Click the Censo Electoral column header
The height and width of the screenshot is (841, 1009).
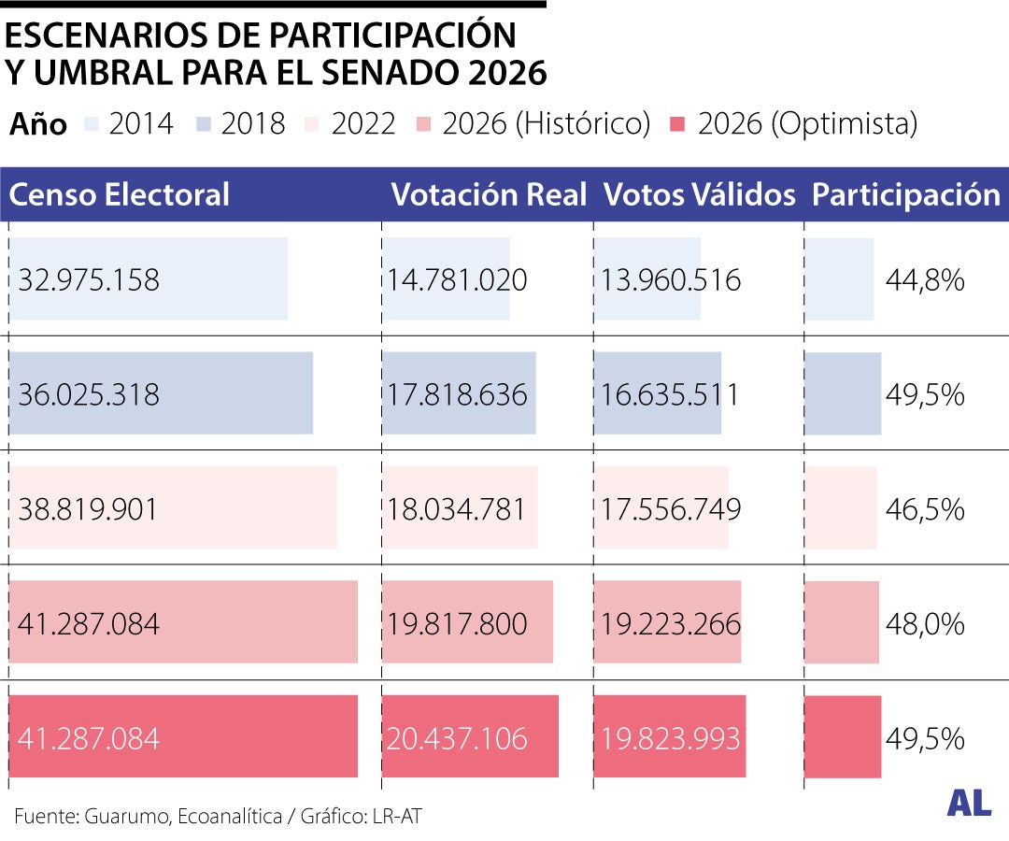pos(119,194)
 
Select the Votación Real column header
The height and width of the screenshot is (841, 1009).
pos(489,194)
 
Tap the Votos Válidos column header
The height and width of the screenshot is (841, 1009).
pos(699,194)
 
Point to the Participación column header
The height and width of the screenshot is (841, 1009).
pos(905,194)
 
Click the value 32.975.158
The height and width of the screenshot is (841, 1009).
pos(89,279)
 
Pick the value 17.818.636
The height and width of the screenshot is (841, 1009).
pos(458,394)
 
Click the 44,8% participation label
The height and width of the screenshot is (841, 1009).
pos(925,279)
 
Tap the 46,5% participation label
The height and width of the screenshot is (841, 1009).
pos(925,509)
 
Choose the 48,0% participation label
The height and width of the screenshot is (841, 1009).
pos(925,624)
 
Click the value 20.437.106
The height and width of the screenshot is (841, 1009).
pos(458,739)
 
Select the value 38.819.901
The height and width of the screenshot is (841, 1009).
pos(89,509)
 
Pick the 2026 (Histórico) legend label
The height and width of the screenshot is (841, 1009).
pos(546,123)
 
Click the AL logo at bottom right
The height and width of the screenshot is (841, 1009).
pos(969,803)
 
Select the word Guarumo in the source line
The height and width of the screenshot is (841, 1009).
pos(127,816)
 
